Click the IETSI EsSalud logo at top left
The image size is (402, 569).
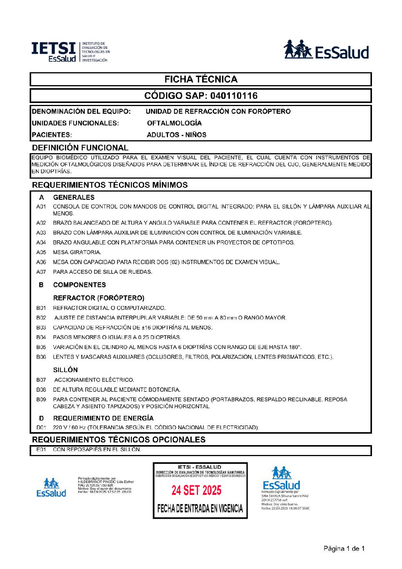click(70, 52)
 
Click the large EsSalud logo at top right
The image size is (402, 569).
click(326, 50)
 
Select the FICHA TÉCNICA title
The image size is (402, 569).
click(201, 79)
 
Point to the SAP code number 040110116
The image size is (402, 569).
click(234, 96)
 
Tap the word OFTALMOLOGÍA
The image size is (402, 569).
click(174, 123)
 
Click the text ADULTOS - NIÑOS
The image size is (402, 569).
click(177, 135)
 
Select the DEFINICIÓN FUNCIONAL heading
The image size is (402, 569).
click(80, 148)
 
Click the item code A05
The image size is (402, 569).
click(41, 252)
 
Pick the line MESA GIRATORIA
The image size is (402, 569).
click(77, 252)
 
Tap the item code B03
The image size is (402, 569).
click(41, 328)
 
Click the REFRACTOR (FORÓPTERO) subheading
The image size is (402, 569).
click(99, 298)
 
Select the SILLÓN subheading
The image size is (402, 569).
click(65, 370)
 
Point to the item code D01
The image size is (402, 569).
click(41, 428)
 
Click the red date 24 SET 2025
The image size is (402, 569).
click(196, 490)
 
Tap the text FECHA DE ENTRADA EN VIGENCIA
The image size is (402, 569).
click(200, 509)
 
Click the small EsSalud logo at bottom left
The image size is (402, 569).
click(51, 488)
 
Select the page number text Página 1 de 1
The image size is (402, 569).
click(344, 548)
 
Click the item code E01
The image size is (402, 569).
click(41, 450)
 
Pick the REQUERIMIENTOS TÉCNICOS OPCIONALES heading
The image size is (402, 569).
click(119, 440)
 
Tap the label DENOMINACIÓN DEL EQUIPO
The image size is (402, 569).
click(81, 111)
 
